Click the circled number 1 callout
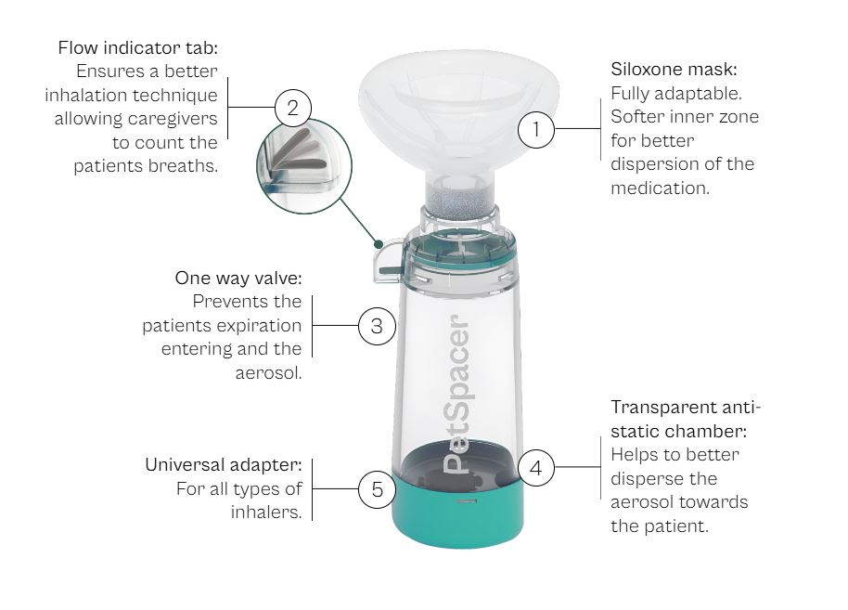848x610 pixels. click(x=536, y=129)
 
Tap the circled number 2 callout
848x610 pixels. click(x=293, y=108)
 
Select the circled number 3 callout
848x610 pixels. click(x=377, y=326)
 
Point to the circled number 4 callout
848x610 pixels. click(x=536, y=467)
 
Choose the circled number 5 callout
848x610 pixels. click(x=377, y=489)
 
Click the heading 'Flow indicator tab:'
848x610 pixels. click(x=138, y=47)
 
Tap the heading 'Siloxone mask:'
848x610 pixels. click(x=674, y=70)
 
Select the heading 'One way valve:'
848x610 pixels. click(x=238, y=279)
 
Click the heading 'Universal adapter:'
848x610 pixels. click(x=224, y=465)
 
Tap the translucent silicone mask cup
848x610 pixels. click(x=458, y=110)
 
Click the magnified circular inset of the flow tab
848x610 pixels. click(x=304, y=165)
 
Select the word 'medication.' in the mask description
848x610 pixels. click(x=660, y=188)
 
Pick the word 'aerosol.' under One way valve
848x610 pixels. click(x=268, y=373)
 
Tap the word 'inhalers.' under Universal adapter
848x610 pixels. click(x=266, y=512)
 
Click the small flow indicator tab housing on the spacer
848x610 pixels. click(x=388, y=261)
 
